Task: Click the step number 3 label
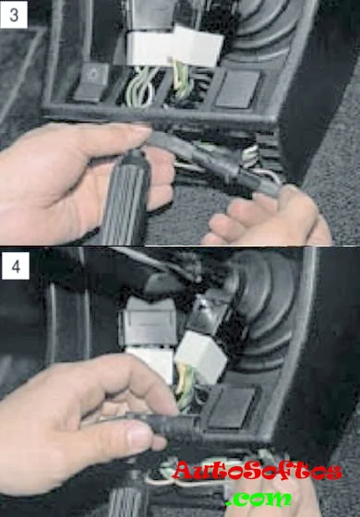point(14,15)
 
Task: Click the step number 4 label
point(16,267)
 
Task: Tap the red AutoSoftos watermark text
point(258,470)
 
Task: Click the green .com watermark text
point(258,498)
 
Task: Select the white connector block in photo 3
point(174,47)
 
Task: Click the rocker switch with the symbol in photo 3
point(92,81)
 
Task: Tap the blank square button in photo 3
point(236,89)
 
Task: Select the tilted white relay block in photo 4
point(201,356)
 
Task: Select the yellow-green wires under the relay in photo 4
point(185,389)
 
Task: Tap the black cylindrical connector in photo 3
point(211,162)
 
